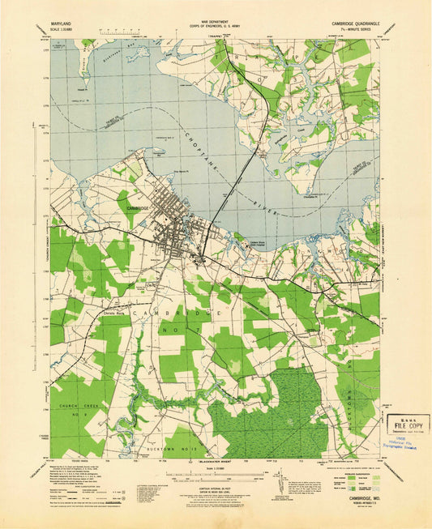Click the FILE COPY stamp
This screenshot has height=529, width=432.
408,424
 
